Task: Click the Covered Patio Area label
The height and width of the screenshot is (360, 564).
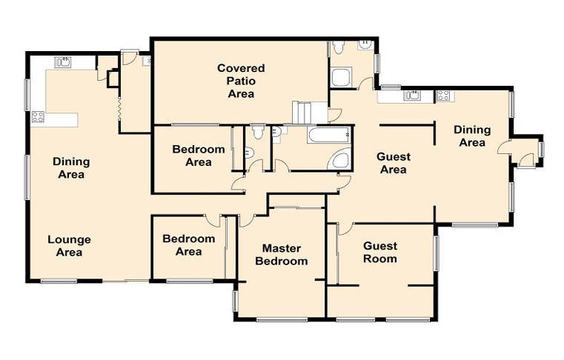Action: coord(241,81)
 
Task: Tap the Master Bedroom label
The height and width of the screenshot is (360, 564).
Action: coord(282,255)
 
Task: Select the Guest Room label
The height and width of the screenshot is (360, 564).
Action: coord(380,253)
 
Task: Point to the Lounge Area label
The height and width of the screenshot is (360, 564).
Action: coord(69,246)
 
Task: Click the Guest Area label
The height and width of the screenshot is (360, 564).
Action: coord(394,163)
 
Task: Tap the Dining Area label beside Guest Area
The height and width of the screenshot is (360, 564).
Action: coord(472,136)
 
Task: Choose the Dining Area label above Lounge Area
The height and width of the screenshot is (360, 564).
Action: coord(71,168)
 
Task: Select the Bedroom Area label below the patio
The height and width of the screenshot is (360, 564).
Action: coord(199,156)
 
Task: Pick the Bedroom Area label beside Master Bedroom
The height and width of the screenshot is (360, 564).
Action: coord(189,245)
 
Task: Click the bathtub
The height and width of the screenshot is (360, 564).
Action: coord(328,135)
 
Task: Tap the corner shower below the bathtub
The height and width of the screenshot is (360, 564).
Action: coord(339,159)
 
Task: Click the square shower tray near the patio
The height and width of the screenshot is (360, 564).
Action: coord(341,77)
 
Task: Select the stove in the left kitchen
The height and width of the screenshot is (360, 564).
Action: coord(38,116)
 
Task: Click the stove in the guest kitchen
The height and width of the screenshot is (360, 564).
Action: coord(442,96)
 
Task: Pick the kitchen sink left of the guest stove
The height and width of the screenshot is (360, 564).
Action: coord(413,96)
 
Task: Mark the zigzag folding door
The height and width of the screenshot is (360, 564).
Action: coord(119,107)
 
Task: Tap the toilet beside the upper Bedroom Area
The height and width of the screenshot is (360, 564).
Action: coord(258,132)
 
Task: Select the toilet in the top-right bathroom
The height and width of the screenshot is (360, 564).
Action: coord(338,47)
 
